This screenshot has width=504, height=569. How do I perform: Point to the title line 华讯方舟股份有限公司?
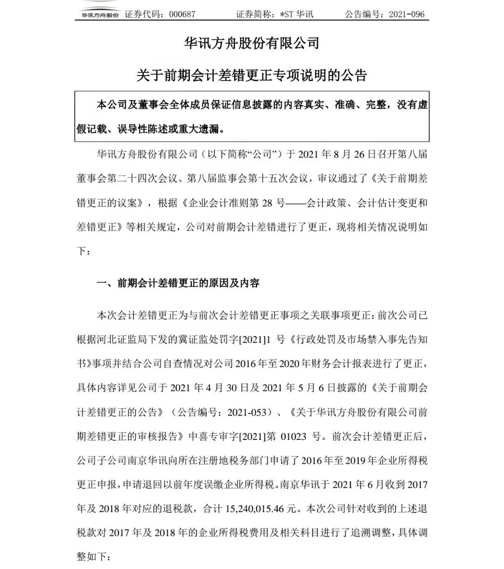(252, 44)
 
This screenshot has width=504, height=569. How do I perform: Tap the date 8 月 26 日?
(344, 154)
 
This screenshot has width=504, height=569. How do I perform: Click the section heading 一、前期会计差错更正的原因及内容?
(178, 283)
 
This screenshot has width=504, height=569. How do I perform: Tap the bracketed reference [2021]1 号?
(261, 339)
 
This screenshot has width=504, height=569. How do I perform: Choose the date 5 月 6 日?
(308, 388)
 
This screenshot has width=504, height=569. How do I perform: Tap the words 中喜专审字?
(213, 437)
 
